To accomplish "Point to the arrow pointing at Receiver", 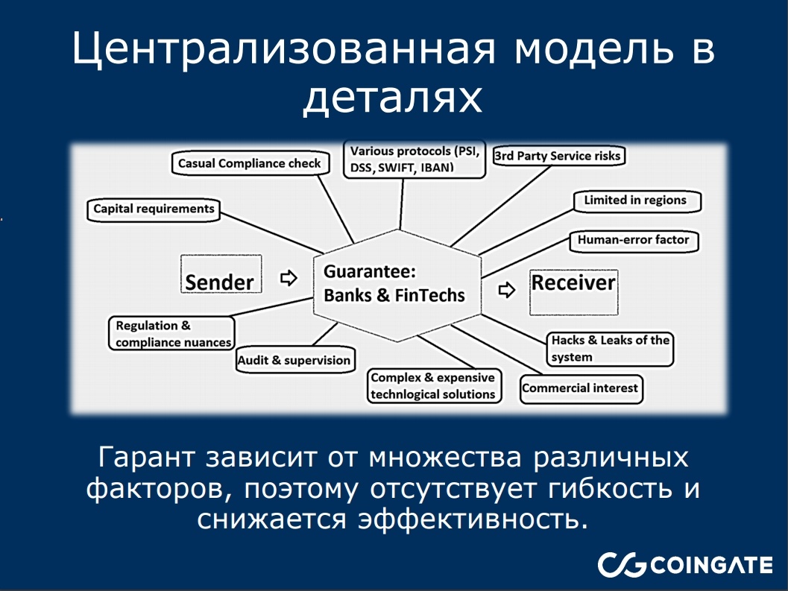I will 506,290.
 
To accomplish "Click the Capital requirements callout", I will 154,209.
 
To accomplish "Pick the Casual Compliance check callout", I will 249,163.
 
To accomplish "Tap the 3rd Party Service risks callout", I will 558,157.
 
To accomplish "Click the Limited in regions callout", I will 640,200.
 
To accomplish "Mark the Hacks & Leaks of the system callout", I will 610,349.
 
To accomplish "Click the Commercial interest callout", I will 580,388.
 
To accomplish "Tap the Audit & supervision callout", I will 294,361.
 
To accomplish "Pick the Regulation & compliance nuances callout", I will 171,334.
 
